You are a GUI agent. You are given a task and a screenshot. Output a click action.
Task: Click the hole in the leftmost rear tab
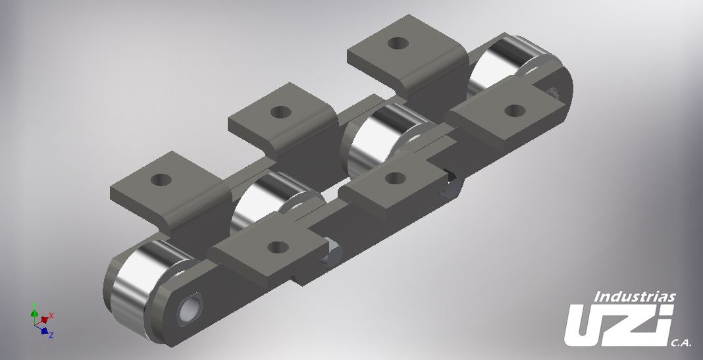tap(159, 179)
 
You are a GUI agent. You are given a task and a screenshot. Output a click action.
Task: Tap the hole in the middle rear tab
tap(280, 111)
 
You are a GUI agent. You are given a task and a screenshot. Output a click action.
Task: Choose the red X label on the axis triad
tap(51, 316)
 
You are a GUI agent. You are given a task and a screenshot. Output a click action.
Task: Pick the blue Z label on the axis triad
tap(51, 335)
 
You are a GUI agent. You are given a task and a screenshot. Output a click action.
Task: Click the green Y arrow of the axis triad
tap(34, 311)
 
